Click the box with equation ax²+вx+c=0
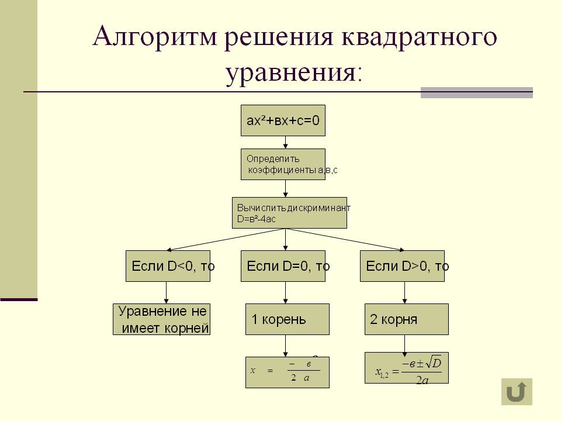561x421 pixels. click(283, 121)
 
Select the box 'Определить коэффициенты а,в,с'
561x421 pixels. click(283, 164)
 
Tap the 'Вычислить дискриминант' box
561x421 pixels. click(289, 212)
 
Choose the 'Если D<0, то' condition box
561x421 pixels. click(167, 266)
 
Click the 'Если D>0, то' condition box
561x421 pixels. click(402, 266)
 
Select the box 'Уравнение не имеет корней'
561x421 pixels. click(161, 319)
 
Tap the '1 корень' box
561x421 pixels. click(287, 319)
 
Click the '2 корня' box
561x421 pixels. click(406, 319)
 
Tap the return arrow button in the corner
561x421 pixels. click(517, 391)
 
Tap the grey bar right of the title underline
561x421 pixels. click(476, 92)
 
